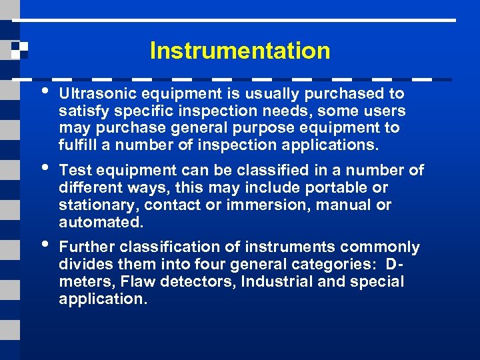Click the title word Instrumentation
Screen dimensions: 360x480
click(x=240, y=51)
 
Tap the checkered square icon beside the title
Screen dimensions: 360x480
click(x=19, y=51)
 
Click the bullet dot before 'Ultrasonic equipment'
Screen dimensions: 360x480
click(x=44, y=90)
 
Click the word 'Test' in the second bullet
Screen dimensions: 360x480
click(x=73, y=171)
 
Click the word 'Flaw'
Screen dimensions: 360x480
click(x=136, y=281)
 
